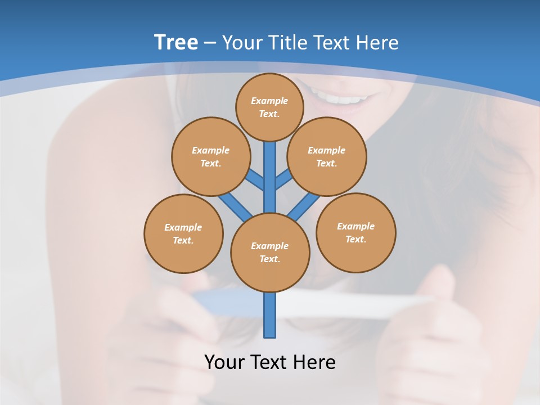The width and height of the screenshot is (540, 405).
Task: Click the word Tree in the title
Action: point(176,42)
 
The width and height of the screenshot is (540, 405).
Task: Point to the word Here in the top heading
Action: point(377,43)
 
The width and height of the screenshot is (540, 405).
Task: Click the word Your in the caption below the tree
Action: point(226,362)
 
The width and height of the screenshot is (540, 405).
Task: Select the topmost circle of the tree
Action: point(270,107)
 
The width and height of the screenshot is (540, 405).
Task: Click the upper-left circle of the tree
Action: point(210,156)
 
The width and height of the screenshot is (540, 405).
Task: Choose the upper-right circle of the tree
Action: point(327,156)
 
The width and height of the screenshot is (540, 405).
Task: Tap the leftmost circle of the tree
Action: point(183,233)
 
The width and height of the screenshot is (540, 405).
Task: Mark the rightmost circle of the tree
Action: point(356,232)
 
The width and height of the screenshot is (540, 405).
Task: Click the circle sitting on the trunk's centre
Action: point(270,253)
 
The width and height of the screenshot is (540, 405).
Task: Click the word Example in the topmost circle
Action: point(269,101)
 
